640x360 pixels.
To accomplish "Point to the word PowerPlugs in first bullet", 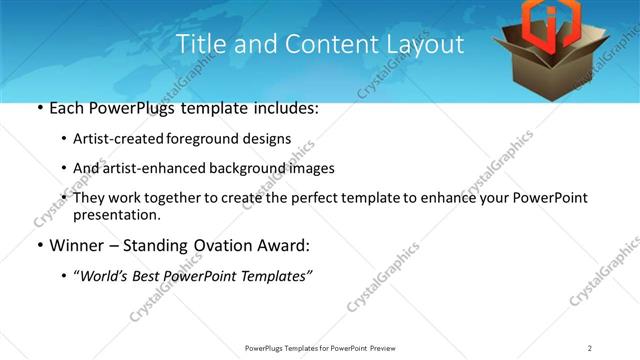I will (134, 108).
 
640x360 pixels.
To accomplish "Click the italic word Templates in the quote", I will (277, 276).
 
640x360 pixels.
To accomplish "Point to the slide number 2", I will (590, 347).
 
